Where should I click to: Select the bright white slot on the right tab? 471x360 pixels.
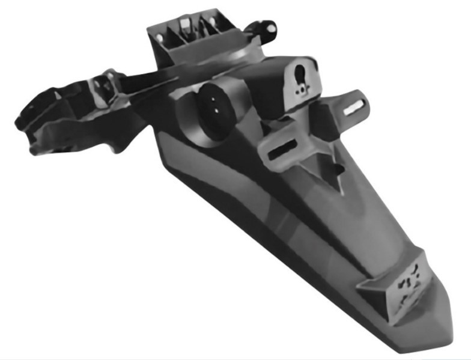coord(354,105)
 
